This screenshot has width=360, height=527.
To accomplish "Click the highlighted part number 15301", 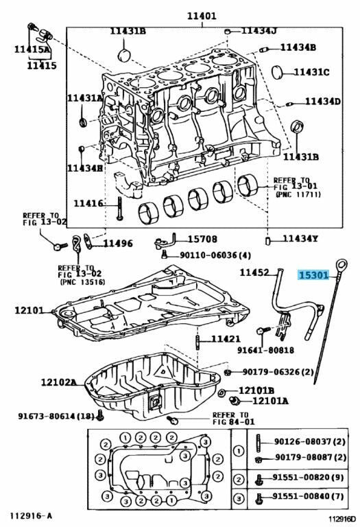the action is point(313,275).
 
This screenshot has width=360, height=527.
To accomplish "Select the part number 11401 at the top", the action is point(202,16).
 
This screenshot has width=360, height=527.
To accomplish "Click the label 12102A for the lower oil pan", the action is point(59,382).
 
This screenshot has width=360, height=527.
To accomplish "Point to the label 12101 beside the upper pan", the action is point(29,310).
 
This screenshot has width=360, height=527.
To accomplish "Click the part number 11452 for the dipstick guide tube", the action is point(254,272).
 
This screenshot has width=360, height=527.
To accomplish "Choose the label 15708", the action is point(202,239).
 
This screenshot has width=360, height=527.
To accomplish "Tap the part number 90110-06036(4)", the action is point(215,255).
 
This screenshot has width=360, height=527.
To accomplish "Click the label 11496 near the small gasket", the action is point(117,244).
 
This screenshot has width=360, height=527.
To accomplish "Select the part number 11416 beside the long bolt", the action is point(88,203).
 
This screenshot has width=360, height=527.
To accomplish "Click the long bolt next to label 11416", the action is point(120,208).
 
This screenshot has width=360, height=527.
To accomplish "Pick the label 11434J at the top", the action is point(259,31).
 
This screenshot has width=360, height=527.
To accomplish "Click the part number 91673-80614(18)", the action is point(56,416).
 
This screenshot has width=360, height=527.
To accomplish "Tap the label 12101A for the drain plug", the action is point(270,401).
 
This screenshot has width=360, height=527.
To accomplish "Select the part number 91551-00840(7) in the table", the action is point(308,496).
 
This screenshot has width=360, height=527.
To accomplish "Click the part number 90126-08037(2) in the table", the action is point(310,441).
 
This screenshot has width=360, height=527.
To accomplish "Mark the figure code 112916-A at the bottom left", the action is point(31,515).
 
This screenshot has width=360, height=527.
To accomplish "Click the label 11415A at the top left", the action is point(32,49).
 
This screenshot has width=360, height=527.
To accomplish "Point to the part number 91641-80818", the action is point(265,350).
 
